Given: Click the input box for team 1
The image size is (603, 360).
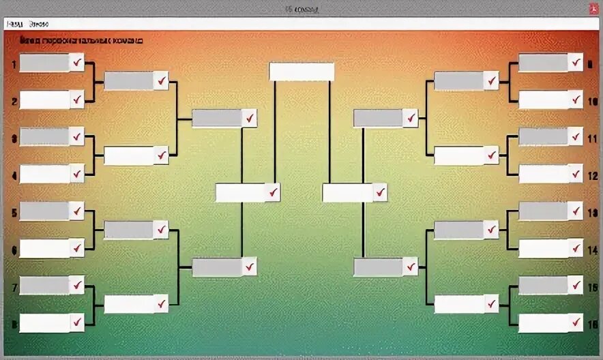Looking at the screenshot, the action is pyautogui.click(x=44, y=63).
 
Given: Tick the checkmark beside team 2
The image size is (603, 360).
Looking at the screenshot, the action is pyautogui.click(x=77, y=100).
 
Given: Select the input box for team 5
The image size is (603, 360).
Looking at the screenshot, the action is pyautogui.click(x=44, y=211).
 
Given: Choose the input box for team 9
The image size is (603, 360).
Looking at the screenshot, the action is pyautogui.click(x=543, y=63).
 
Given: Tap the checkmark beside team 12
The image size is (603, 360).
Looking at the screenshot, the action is pyautogui.click(x=576, y=174).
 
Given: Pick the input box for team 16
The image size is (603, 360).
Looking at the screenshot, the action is pyautogui.click(x=543, y=322).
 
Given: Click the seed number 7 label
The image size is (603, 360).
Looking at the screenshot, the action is pyautogui.click(x=14, y=288).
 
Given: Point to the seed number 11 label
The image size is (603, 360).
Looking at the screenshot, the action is pyautogui.click(x=592, y=138).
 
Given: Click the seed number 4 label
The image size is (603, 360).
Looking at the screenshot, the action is pyautogui.click(x=14, y=175).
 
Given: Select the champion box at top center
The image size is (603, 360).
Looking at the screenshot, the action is pyautogui.click(x=301, y=72).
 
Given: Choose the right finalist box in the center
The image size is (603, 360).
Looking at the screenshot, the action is pyautogui.click(x=347, y=193).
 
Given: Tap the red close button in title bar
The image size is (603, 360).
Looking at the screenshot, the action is pyautogui.click(x=593, y=9).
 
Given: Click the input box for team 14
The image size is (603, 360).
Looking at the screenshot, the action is pyautogui.click(x=543, y=248).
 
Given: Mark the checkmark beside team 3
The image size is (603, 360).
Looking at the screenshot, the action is pyautogui.click(x=77, y=137).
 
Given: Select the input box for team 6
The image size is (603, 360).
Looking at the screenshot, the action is pyautogui.click(x=44, y=248).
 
